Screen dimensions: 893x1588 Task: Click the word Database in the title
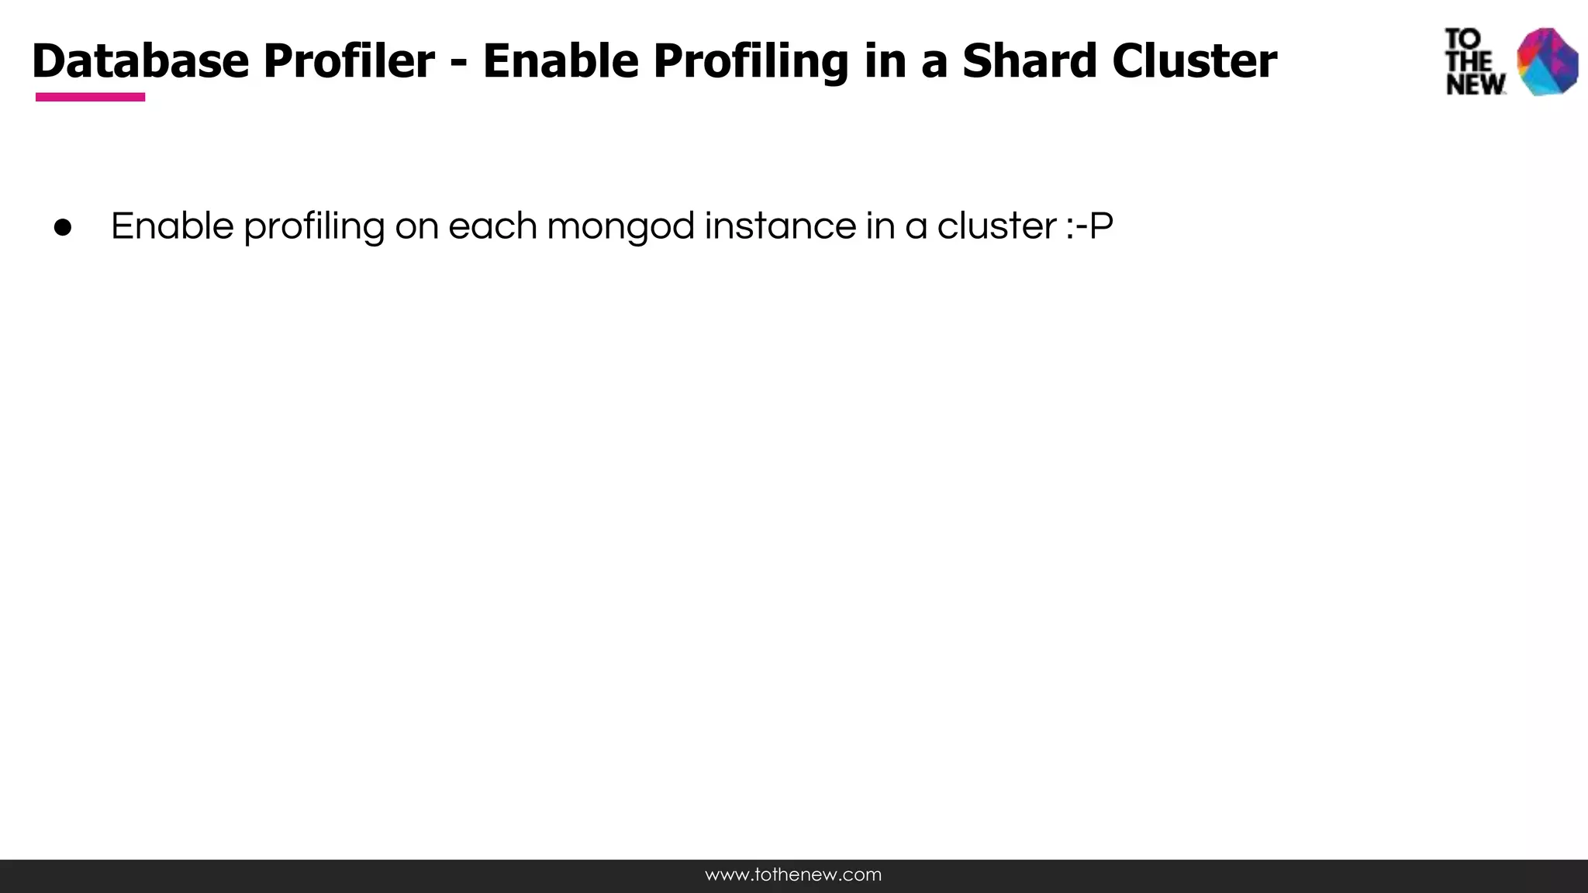click(140, 60)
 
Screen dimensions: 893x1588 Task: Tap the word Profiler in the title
click(349, 60)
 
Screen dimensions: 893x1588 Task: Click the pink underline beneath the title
click(90, 97)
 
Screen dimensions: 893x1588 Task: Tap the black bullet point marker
click(63, 228)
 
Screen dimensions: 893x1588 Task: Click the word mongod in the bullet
click(620, 226)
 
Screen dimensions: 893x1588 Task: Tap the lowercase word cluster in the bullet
click(996, 226)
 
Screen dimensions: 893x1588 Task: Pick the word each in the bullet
click(492, 226)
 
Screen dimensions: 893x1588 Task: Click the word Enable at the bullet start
click(172, 226)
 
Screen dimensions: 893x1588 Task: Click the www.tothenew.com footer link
click(793, 875)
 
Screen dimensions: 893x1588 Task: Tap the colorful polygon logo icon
click(1547, 61)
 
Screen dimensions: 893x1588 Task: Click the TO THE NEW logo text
click(1473, 62)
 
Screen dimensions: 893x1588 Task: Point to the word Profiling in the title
click(751, 60)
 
